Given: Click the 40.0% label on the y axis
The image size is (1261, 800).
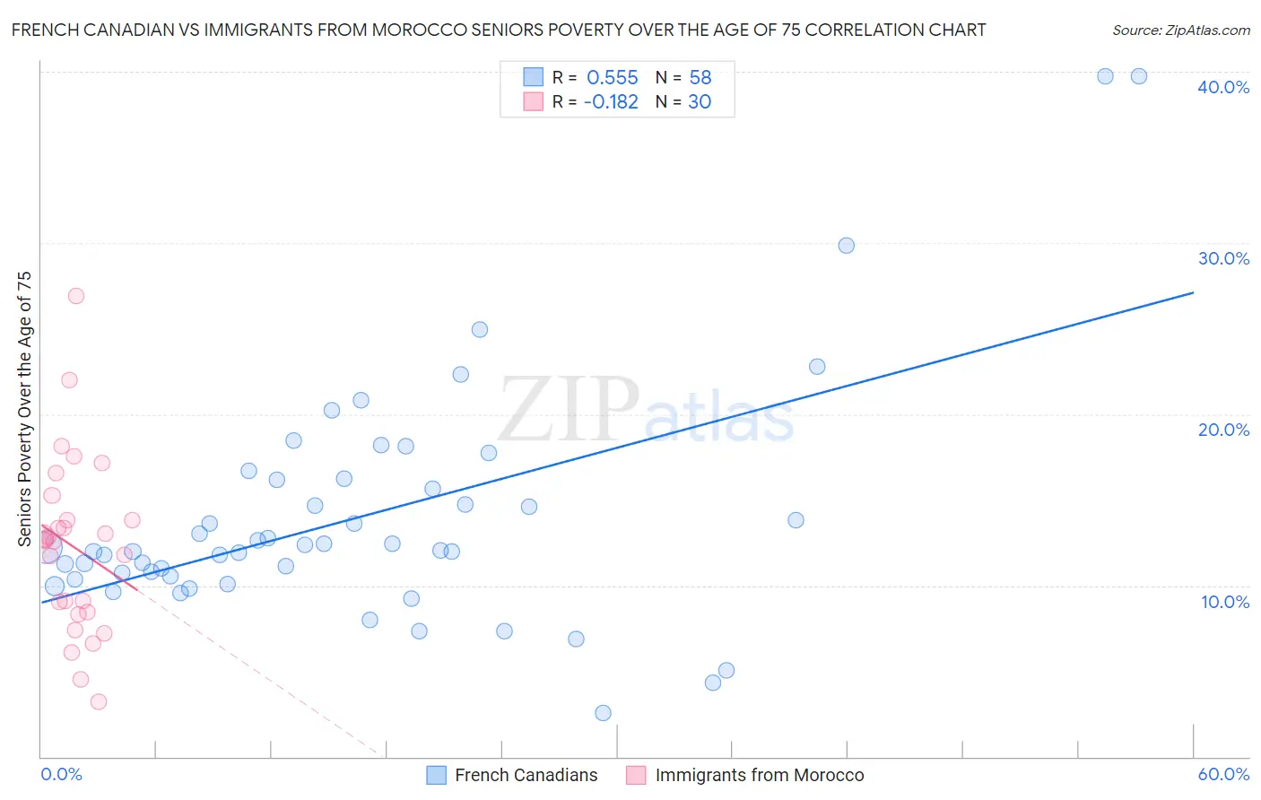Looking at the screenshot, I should pos(1223,87).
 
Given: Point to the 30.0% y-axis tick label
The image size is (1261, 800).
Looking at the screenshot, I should pos(1223,258).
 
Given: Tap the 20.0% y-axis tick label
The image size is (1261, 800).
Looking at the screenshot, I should pos(1223,430).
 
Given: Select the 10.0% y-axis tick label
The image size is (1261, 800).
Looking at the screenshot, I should pos(1223,602).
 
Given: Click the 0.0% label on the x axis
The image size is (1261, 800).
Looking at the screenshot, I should pos(61,774).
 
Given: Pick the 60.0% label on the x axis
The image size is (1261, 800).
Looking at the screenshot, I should pos(1223,774).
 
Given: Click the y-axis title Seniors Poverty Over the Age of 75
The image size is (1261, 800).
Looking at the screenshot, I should pos(24,409).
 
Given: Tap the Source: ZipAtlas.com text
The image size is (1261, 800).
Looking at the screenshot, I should pos(1180,30).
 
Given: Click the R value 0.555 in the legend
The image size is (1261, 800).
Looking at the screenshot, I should pos(612,78).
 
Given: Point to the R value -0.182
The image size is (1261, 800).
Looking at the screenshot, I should pos(610,102).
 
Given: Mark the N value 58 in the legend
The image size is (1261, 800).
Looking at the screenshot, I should pos(700,78).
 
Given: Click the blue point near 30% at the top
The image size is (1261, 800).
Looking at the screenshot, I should pos(846,246).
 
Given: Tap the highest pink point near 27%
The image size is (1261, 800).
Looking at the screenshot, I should pos(76,296).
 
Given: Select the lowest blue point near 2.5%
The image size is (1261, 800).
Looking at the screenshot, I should pos(603,713).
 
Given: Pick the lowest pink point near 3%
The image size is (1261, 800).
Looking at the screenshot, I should pos(99,701).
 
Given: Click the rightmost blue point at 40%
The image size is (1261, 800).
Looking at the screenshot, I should pos(1138,76).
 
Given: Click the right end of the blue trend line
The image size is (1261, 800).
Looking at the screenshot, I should pos(1193,292).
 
